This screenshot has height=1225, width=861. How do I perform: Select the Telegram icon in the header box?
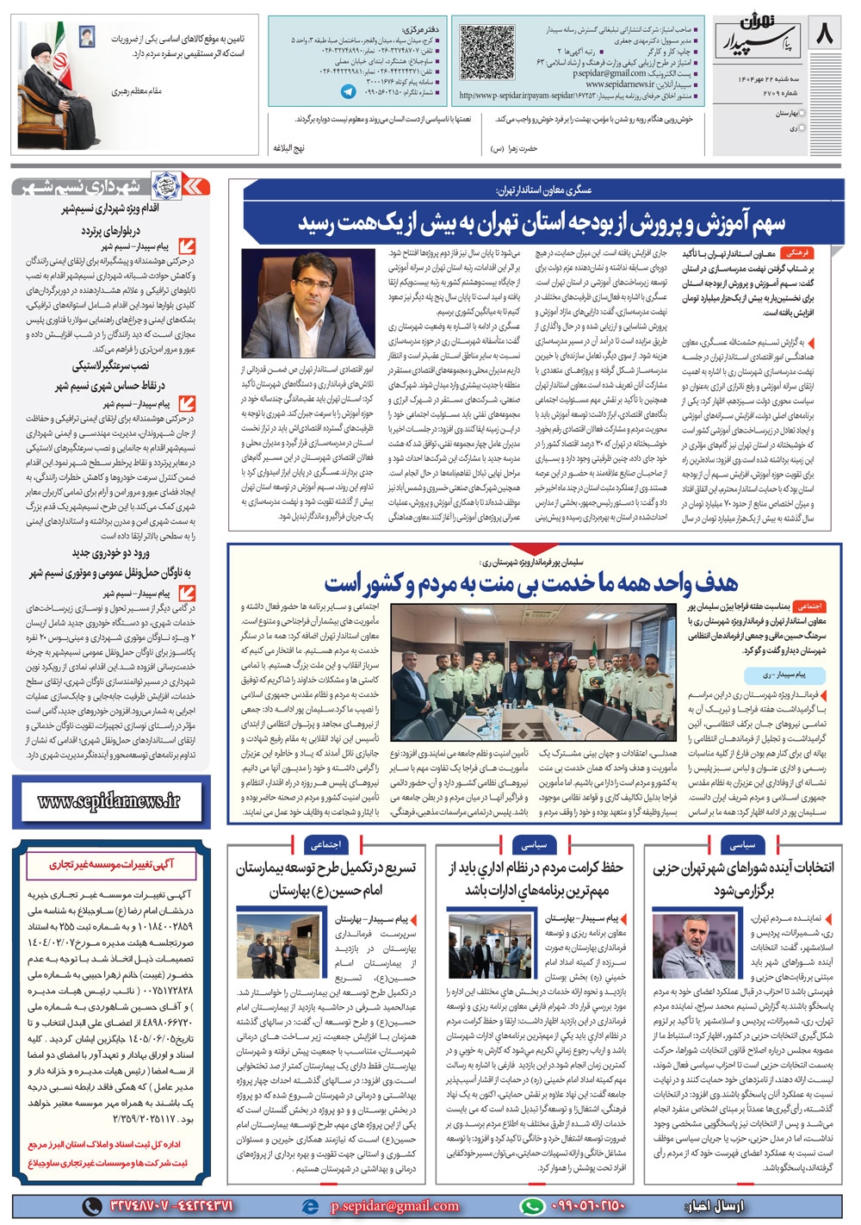tap(347, 90)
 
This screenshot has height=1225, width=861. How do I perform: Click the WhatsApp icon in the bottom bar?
tap(534, 1207)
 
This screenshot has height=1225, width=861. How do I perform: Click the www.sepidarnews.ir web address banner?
tap(108, 801)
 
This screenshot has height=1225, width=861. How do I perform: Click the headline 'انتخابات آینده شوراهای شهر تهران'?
tap(743, 878)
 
